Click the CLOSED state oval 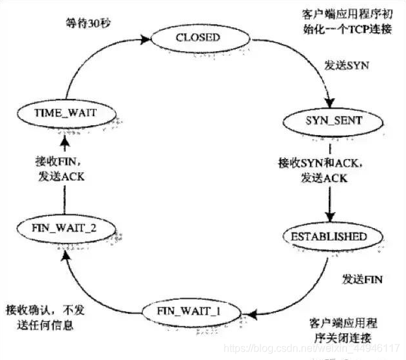[x=197, y=38]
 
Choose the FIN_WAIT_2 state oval [x=65, y=229]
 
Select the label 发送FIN [x=362, y=280]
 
